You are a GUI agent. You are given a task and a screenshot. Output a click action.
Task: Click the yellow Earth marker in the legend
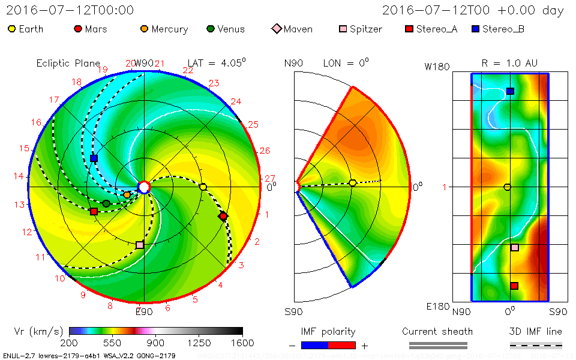click(x=11, y=29)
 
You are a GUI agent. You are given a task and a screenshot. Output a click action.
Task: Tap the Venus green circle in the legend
click(x=210, y=29)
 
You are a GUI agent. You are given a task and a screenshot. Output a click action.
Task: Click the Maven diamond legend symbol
click(x=276, y=29)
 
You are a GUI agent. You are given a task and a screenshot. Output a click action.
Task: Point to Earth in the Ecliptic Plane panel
click(x=203, y=187)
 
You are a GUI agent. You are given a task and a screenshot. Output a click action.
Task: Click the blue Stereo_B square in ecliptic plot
click(x=94, y=158)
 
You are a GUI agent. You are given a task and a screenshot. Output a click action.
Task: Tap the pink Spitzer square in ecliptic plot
click(x=140, y=245)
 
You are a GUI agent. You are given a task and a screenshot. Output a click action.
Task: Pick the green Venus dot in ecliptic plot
click(x=106, y=204)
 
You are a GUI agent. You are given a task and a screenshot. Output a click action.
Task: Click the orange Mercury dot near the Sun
click(x=127, y=194)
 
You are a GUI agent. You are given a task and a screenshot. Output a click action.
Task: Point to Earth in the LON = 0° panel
click(x=353, y=182)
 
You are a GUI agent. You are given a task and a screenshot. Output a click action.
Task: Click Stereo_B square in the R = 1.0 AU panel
click(x=510, y=91)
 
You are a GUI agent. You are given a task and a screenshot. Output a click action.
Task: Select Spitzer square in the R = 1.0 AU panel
click(x=514, y=247)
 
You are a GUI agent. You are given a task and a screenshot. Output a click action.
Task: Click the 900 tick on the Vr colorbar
click(x=156, y=343)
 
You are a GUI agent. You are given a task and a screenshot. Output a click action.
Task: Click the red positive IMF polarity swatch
click(x=342, y=345)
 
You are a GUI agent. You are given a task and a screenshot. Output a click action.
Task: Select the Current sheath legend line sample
click(x=437, y=345)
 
